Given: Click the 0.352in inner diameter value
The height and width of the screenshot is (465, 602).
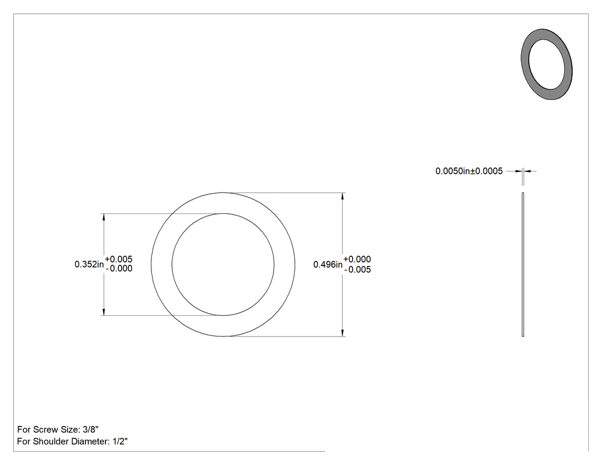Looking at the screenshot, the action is (x=89, y=264).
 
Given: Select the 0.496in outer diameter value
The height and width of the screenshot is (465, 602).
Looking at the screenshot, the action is (x=328, y=264).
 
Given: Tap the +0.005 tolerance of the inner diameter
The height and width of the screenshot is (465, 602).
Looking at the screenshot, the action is (x=119, y=259).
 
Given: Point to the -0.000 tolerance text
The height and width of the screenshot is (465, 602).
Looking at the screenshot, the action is (x=119, y=268).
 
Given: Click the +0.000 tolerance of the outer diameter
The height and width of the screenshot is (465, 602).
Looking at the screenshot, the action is (x=357, y=259).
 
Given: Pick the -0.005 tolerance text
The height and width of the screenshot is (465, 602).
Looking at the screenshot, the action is (x=358, y=269).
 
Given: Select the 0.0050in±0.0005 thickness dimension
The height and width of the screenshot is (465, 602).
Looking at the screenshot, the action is (x=469, y=171).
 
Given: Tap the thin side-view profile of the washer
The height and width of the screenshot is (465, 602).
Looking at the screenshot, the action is (x=523, y=264).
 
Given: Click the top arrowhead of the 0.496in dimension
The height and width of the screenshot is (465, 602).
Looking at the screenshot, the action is (x=342, y=196).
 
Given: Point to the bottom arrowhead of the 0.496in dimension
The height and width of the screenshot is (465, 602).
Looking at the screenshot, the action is (x=342, y=333).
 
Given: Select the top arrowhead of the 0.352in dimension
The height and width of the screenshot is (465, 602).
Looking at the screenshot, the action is (x=104, y=217).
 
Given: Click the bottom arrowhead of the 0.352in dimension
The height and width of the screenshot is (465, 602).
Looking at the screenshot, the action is (x=104, y=312).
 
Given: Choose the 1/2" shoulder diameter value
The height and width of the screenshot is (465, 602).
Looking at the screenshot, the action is (x=120, y=441).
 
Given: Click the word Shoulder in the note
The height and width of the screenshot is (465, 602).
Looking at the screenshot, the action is (x=50, y=441).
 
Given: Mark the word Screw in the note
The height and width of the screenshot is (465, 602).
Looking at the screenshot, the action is (x=46, y=429).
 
